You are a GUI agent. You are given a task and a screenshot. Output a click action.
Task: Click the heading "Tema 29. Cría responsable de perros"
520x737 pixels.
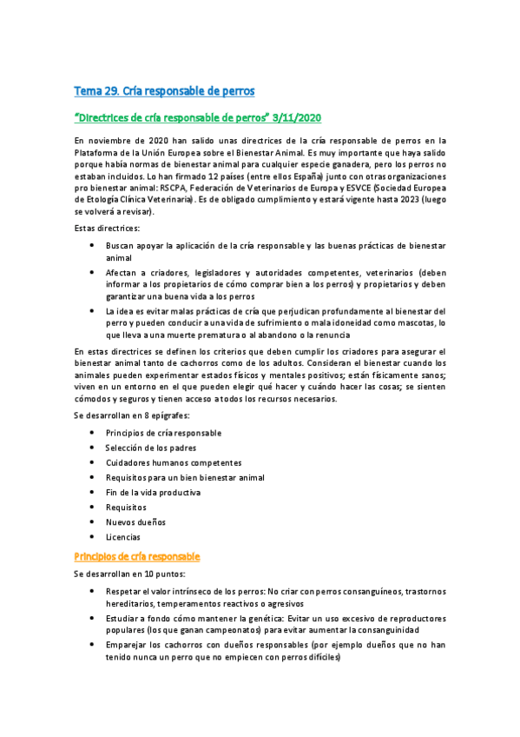pos(163,90)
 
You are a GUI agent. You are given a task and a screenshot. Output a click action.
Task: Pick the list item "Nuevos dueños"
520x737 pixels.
pos(135,522)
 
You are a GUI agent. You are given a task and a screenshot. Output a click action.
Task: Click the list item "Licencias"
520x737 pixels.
pos(123,537)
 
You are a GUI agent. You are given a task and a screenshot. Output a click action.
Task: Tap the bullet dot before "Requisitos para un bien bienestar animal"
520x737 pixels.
pos(93,477)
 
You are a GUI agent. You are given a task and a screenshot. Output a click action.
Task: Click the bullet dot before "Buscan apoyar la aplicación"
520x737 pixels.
pos(93,246)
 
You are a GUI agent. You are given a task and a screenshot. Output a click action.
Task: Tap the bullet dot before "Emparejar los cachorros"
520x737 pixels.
pos(93,645)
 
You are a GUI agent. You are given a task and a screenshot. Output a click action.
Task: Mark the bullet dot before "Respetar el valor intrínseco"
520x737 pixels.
pos(93,590)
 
